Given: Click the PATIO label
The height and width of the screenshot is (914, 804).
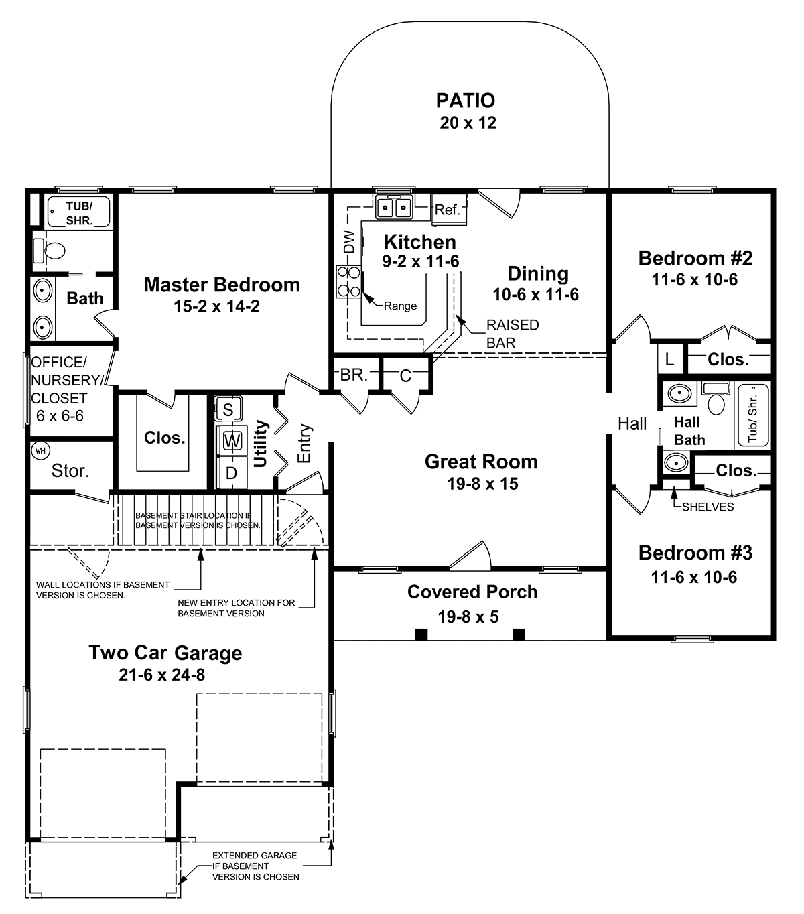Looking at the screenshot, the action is [466, 101].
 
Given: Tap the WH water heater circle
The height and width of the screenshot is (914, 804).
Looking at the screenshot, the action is [41, 451].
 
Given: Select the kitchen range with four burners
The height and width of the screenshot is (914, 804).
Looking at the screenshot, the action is [349, 282].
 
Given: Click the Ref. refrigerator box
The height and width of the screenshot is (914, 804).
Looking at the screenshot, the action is [448, 210].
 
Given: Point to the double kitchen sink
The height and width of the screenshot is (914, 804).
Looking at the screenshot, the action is [395, 207].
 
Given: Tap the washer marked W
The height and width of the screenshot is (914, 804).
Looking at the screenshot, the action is [231, 440].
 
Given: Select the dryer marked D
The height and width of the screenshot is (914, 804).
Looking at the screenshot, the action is [231, 473].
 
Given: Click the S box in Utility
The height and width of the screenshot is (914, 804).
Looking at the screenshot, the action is [228, 409].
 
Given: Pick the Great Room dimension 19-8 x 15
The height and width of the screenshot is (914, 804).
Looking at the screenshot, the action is [482, 484].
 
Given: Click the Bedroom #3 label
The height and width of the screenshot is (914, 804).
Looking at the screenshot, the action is [695, 553].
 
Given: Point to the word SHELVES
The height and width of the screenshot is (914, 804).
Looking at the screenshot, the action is [708, 507].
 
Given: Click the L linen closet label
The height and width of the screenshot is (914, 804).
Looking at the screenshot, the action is [669, 360].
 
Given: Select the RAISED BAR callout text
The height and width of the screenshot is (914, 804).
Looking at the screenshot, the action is [513, 334].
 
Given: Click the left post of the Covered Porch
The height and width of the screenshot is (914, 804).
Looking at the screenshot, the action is [421, 635].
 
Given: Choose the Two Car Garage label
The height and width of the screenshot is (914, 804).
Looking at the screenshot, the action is [165, 653].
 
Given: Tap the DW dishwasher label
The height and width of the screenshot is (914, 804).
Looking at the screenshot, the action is [350, 241].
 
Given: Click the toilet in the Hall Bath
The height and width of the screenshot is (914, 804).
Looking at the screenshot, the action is [716, 399].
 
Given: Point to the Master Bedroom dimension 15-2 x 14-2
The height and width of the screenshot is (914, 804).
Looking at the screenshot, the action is [216, 306].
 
